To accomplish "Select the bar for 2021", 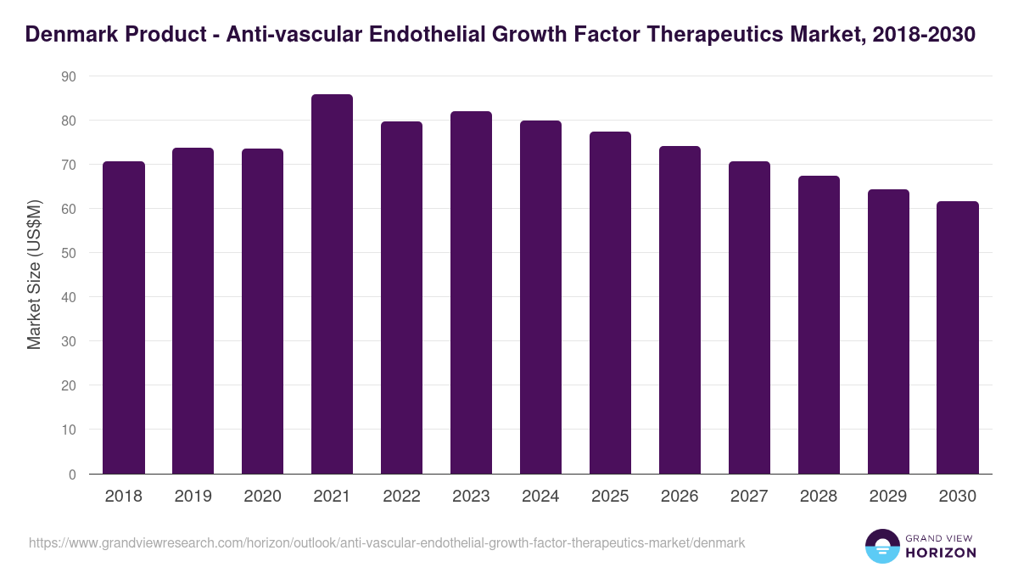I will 332,284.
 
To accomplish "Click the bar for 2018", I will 124,317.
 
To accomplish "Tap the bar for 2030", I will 958,338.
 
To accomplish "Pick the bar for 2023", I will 471,293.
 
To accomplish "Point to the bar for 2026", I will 680,310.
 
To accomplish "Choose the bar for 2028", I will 819,325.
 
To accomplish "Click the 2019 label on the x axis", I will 193,497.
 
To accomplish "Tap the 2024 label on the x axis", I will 540,497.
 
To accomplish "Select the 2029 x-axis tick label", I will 888,497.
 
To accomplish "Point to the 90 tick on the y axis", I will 68,76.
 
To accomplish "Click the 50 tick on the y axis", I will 68,253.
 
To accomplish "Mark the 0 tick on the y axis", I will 72,475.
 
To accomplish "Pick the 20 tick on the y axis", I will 68,385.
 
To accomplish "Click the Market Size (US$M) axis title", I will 34,275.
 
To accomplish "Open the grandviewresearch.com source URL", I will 387,542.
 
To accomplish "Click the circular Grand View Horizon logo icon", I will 881,546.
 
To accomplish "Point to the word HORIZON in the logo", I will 942,553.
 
